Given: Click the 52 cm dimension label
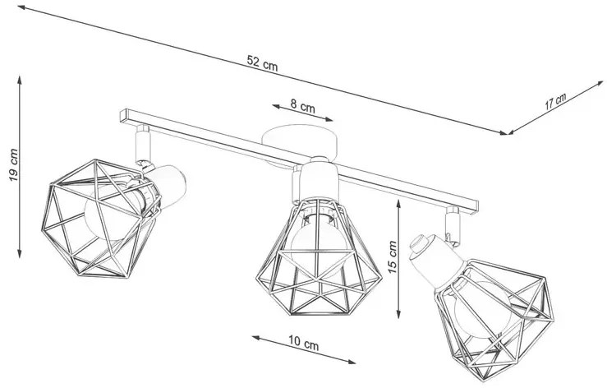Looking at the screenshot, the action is coord(262,62).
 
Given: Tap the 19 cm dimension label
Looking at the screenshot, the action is coord(13,164).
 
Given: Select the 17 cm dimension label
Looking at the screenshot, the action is coord(555,101).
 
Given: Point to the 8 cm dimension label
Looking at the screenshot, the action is coord(302,105).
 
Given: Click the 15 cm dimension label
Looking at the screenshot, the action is coord(393,257).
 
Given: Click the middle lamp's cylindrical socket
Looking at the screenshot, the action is coord(320,182).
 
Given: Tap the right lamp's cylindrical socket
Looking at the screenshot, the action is coord(435,261).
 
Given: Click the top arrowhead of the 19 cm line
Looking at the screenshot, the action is coord(20,80).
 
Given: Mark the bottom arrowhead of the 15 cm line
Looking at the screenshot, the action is coord(398,315).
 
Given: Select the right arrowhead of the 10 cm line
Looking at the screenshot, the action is coord(352,363).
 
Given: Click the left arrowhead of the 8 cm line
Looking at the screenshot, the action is coord(276,106).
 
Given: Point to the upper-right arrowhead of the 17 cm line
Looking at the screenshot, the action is coord(600,83).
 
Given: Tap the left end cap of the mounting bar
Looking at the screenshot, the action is coord(123,115).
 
